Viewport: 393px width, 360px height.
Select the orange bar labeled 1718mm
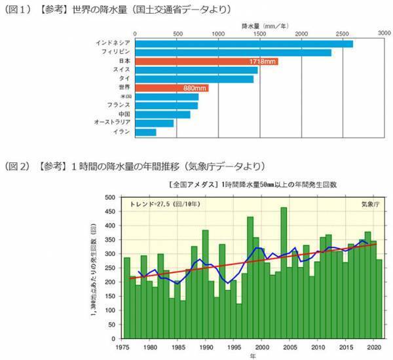pos(206,62)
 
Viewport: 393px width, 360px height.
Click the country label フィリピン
pos(115,52)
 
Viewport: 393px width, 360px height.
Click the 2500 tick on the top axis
pos(343,32)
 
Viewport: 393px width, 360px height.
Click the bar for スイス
pos(196,70)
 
